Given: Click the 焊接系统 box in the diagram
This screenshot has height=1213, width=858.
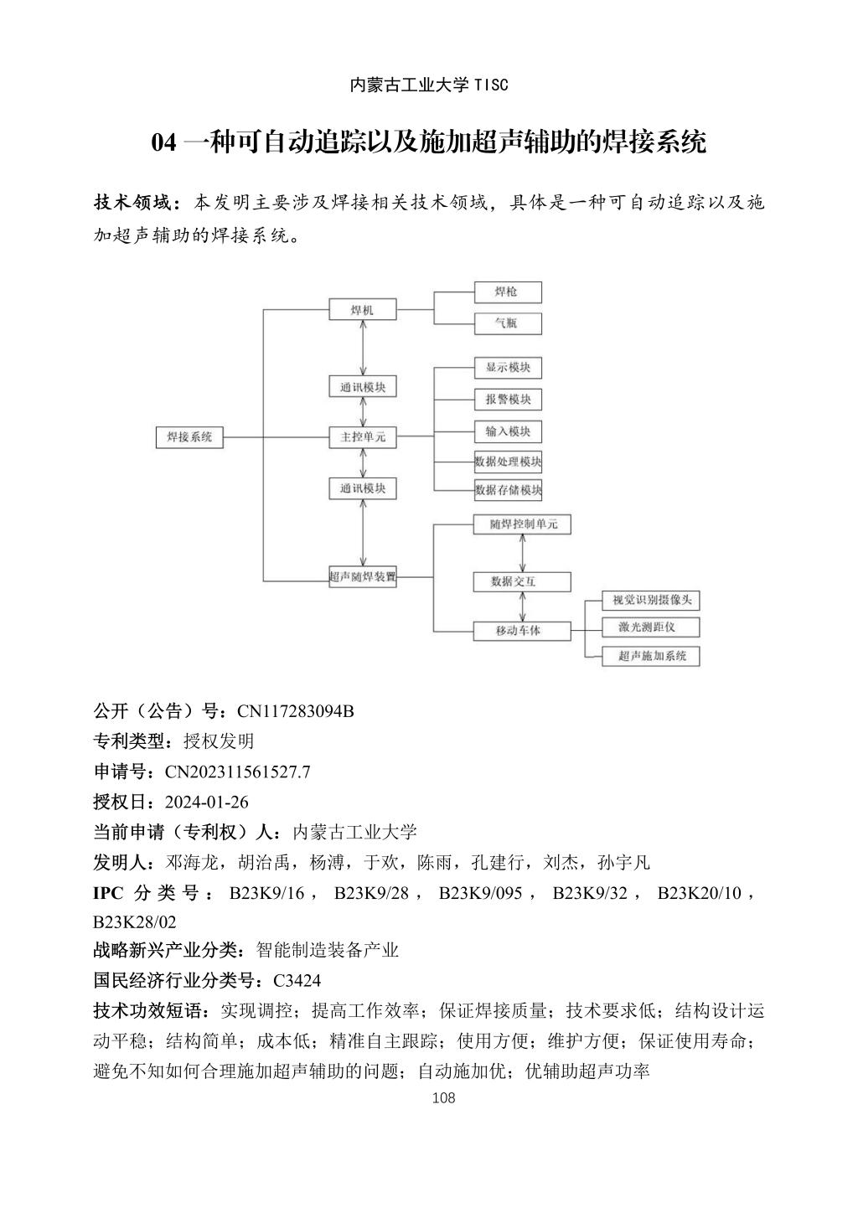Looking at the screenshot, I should [x=190, y=437].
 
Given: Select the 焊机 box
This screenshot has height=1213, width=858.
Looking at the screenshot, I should [x=362, y=311].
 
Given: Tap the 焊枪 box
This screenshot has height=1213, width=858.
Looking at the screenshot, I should [x=507, y=292].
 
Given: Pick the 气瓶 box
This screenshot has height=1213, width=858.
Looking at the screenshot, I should [x=507, y=323].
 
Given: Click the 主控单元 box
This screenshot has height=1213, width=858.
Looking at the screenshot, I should [x=362, y=437].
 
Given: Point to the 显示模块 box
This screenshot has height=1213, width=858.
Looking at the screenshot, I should [x=508, y=368].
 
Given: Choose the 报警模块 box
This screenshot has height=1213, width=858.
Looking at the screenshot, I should [x=508, y=400].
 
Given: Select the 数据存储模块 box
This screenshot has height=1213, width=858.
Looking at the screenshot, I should [x=508, y=490].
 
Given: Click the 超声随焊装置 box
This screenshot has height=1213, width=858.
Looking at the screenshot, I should [x=362, y=577].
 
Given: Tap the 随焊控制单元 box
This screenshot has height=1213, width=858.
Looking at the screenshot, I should [x=522, y=524].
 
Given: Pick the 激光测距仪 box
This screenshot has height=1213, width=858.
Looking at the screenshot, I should [x=651, y=627].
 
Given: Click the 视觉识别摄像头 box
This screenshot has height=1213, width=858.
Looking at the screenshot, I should [x=651, y=600].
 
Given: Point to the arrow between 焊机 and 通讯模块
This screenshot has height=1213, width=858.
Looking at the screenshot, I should [x=363, y=348].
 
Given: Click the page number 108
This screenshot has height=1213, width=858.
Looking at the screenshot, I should [x=442, y=1098].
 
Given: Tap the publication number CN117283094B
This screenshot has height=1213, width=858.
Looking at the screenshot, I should [x=295, y=711].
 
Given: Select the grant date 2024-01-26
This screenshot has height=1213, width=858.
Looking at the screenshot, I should [x=207, y=802].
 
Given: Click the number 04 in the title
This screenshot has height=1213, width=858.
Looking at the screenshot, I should [x=163, y=142].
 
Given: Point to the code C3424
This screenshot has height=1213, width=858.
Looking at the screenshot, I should [x=297, y=980].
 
